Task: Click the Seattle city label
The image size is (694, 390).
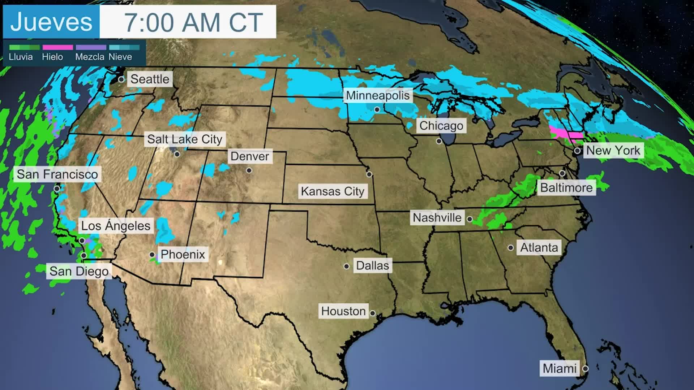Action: tap(150, 79)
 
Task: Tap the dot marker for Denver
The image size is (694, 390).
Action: tap(249, 170)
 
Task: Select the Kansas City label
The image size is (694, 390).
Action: tap(332, 191)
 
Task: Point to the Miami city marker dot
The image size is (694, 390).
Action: tap(585, 369)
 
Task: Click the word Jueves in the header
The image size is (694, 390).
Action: tap(51, 22)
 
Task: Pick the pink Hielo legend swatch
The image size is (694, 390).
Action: tap(57, 48)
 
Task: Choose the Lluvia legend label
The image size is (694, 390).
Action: tap(21, 57)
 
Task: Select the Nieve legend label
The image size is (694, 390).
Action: tap(120, 57)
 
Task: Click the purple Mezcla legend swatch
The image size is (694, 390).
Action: tap(91, 48)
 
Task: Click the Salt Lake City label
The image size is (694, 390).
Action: tap(184, 139)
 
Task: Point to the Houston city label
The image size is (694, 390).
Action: tap(343, 311)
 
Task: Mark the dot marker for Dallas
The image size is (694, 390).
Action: tap(346, 266)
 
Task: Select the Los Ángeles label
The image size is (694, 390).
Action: tap(116, 226)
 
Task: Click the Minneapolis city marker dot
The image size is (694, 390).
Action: tap(377, 109)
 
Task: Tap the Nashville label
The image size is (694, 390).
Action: tap(437, 218)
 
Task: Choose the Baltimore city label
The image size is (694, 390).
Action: tap(566, 188)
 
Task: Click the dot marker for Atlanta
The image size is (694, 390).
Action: tap(510, 248)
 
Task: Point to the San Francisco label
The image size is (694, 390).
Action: tap(57, 174)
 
